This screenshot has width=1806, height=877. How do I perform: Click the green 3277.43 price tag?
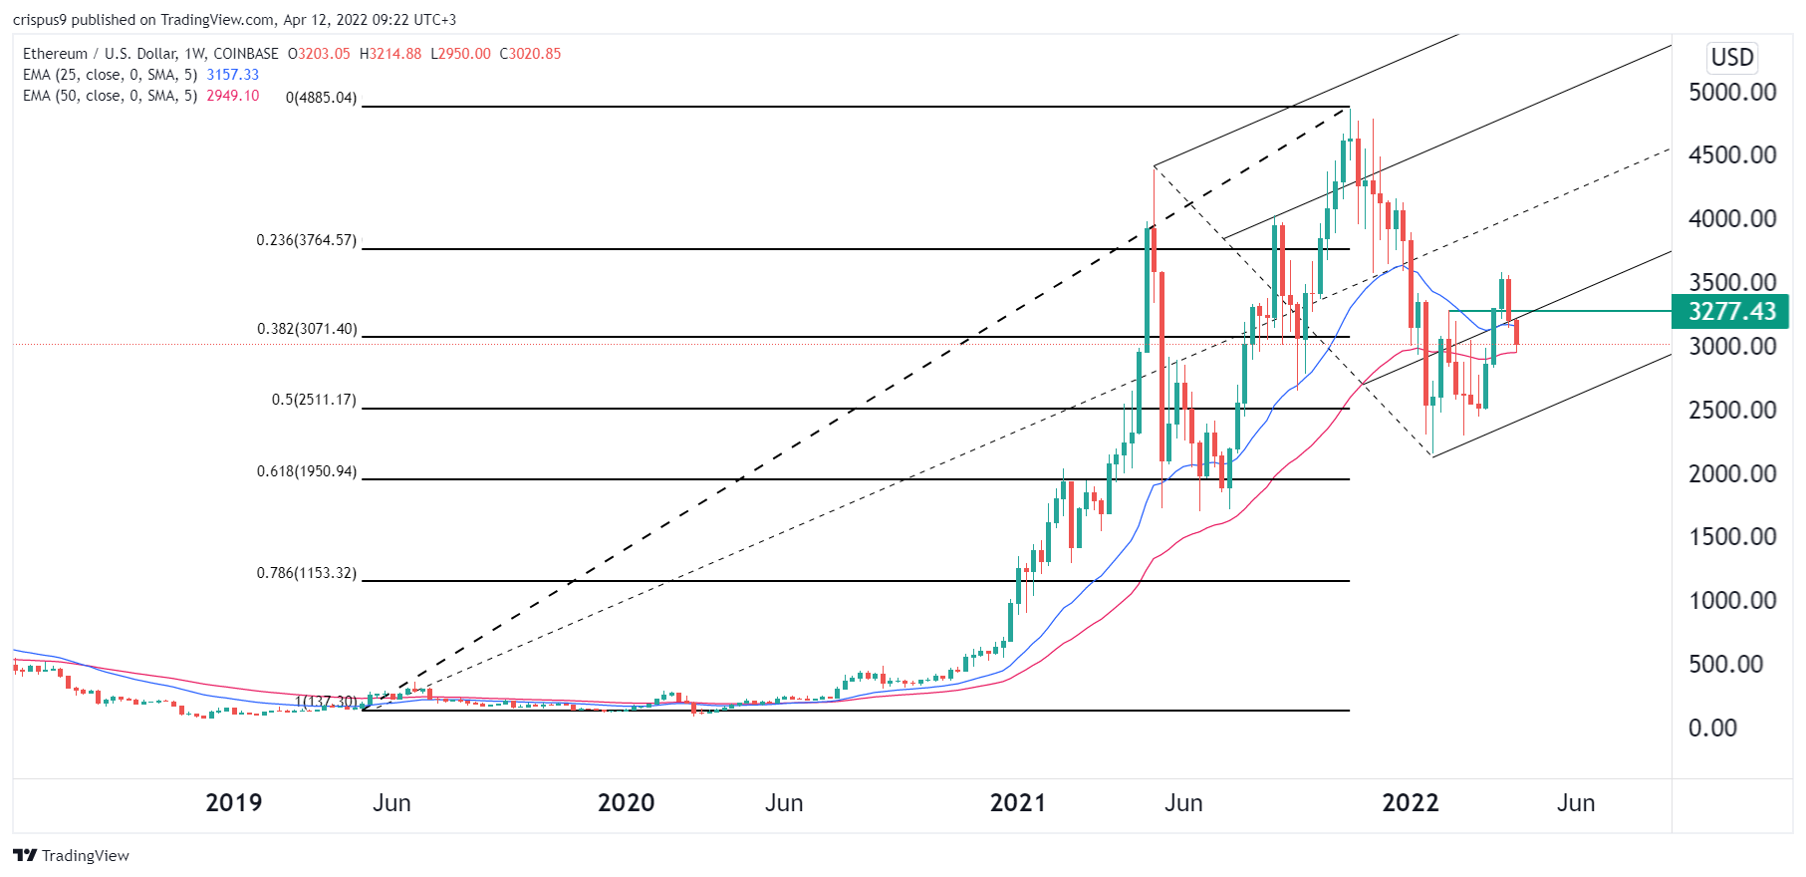click(x=1730, y=312)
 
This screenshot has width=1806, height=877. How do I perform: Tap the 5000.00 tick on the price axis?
click(x=1732, y=93)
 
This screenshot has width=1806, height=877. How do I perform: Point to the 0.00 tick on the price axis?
click(x=1712, y=729)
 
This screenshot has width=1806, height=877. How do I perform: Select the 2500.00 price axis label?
click(x=1732, y=411)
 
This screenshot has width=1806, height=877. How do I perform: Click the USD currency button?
click(x=1732, y=58)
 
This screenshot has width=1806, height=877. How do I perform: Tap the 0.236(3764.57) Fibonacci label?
click(x=306, y=240)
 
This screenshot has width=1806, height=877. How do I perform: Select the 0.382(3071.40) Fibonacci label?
click(x=306, y=329)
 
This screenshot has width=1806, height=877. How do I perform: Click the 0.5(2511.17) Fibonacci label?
click(x=314, y=400)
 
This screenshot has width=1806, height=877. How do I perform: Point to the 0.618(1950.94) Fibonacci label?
click(x=306, y=471)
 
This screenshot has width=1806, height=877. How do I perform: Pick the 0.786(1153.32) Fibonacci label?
click(x=306, y=573)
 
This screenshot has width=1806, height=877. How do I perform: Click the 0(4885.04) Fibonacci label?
click(x=321, y=98)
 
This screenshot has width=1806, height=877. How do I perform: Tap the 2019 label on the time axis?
click(x=233, y=803)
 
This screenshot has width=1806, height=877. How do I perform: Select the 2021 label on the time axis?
click(x=1018, y=803)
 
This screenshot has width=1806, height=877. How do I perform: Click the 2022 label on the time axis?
click(x=1411, y=803)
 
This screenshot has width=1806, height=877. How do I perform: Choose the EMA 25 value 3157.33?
click(x=232, y=75)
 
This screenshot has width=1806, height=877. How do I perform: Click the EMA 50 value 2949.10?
click(x=232, y=96)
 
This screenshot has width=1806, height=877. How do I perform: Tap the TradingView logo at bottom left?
click(x=71, y=856)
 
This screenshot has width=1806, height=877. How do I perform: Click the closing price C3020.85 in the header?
click(x=530, y=54)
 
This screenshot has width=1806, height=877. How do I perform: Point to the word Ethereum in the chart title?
click(x=55, y=54)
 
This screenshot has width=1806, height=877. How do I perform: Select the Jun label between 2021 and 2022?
click(x=1183, y=803)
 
